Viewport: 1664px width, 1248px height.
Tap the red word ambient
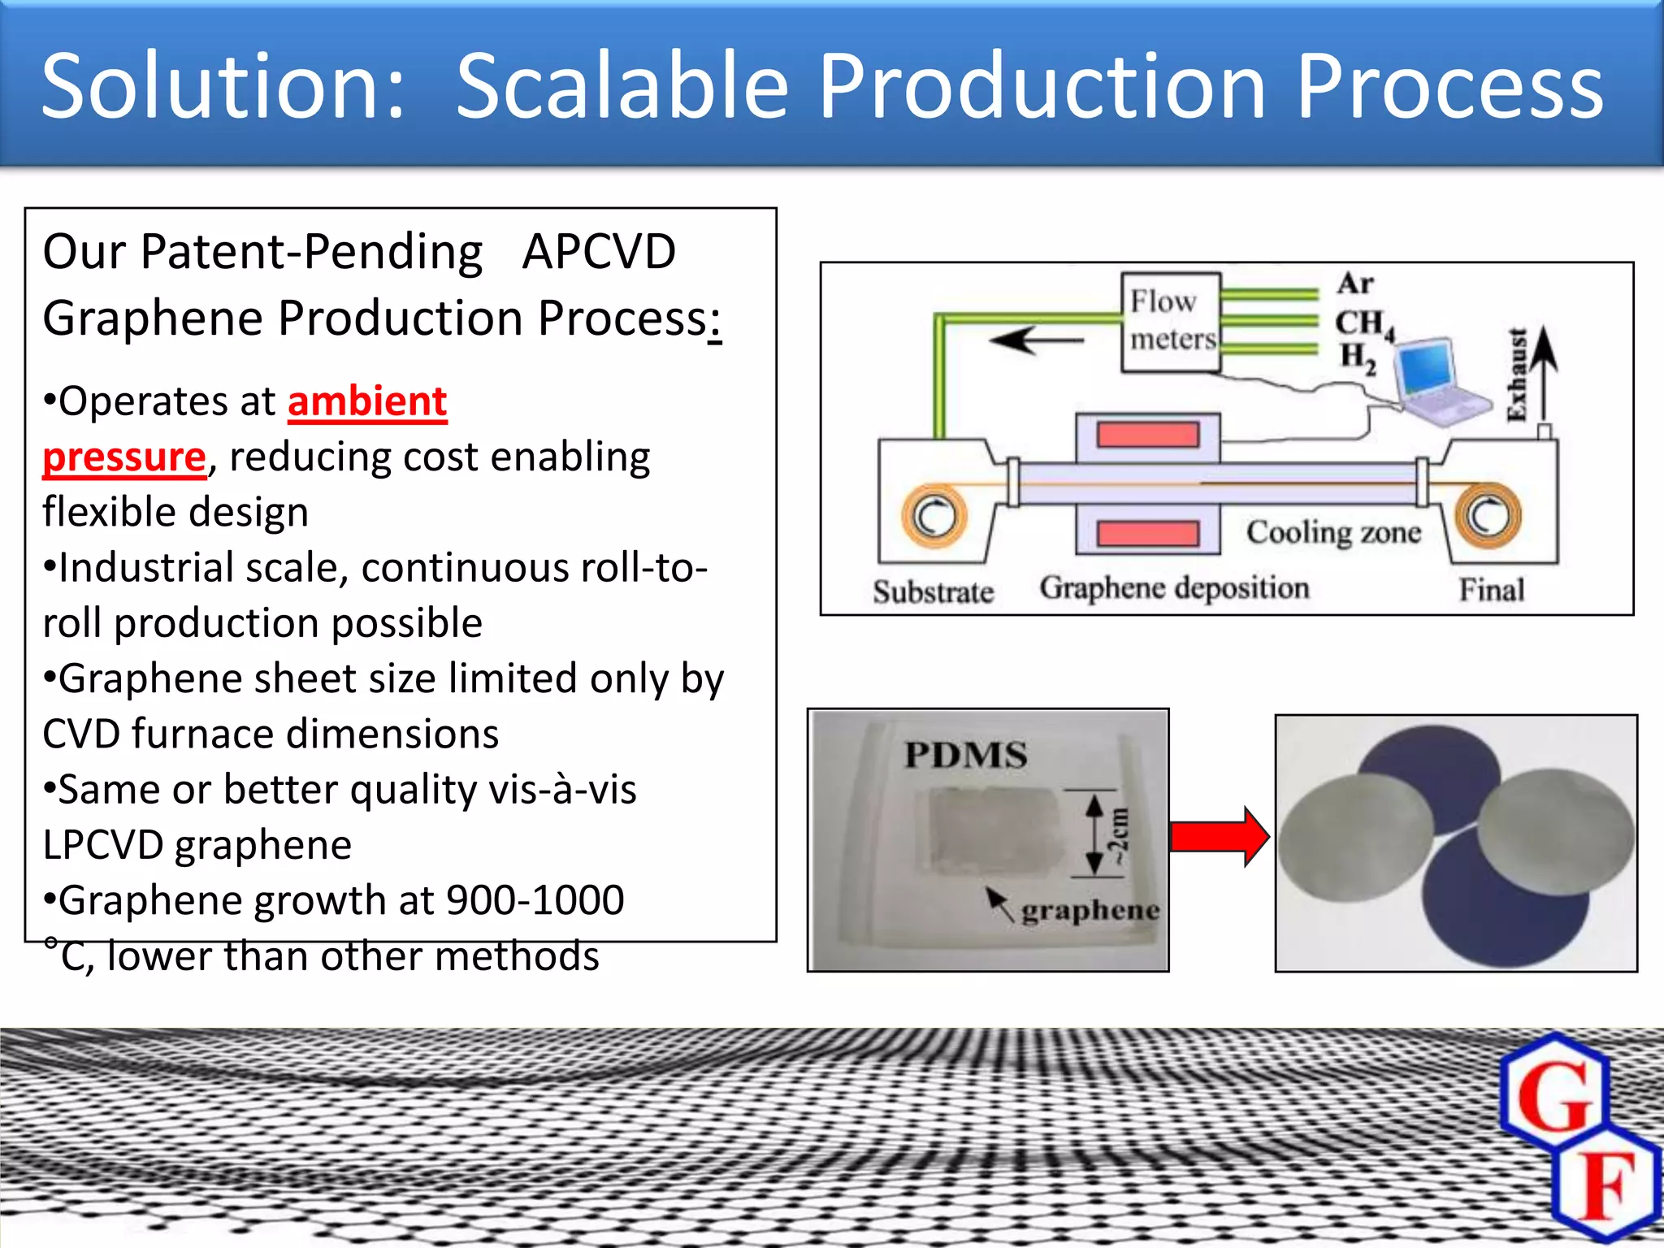point(367,401)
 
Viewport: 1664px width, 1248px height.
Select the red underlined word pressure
point(124,457)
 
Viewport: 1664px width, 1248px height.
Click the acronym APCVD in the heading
point(599,251)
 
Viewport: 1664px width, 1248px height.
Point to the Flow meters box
point(1171,322)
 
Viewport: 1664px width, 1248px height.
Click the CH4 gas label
point(1363,323)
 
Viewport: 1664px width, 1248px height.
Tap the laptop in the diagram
point(1438,380)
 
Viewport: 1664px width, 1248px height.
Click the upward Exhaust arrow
point(1545,374)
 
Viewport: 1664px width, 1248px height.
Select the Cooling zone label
point(1333,532)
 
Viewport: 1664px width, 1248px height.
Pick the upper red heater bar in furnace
point(1147,435)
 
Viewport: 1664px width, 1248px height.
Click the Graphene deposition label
point(1174,587)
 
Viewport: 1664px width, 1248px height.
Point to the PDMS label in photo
point(965,755)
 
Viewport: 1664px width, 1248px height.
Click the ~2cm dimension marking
point(1119,835)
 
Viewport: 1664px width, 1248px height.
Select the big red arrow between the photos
point(1219,836)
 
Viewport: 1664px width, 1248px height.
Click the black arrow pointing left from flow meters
point(1036,340)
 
